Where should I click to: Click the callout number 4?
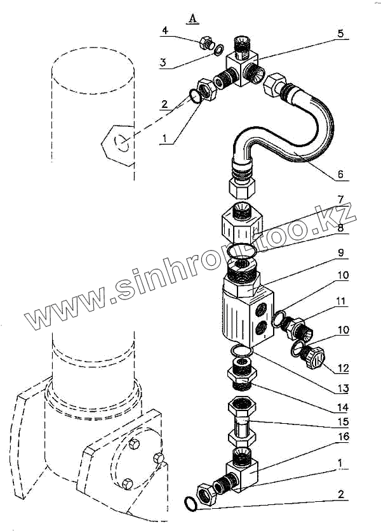pos(165,30)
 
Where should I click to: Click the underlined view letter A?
pos(192,19)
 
